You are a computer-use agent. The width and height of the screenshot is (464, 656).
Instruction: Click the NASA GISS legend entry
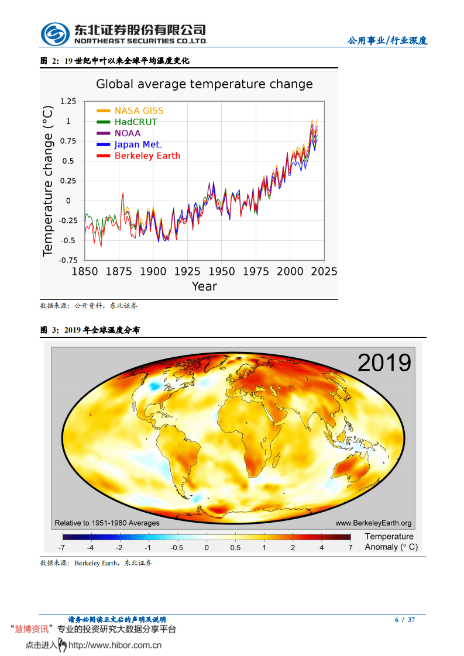[139, 111]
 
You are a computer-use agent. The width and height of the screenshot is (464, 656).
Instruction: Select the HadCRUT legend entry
[135, 122]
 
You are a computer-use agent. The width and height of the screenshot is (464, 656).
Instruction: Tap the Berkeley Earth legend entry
[147, 156]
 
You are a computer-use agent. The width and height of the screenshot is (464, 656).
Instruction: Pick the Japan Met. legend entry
[138, 144]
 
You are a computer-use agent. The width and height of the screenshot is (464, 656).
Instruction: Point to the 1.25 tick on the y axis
[68, 101]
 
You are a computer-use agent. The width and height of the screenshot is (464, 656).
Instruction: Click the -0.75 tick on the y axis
[68, 260]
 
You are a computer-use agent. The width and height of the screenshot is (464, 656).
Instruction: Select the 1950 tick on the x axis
[222, 271]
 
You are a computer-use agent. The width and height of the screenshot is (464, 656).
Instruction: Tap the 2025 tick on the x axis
[324, 271]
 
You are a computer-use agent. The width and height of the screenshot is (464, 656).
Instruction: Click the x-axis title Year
[204, 286]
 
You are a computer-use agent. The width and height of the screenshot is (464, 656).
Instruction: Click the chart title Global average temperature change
[204, 84]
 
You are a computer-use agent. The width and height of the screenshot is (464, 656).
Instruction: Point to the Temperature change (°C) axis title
[48, 181]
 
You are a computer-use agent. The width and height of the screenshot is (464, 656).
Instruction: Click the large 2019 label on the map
[384, 362]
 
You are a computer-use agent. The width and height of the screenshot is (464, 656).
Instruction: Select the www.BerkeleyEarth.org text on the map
[373, 523]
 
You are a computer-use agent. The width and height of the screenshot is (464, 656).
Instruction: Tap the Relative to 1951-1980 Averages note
[107, 523]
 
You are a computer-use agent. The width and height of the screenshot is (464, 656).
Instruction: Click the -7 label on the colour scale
[61, 548]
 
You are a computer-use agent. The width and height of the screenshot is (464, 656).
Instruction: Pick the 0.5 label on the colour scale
[235, 548]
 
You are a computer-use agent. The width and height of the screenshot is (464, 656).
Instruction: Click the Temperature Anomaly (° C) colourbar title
[391, 542]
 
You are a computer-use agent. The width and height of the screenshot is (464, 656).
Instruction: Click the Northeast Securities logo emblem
[54, 34]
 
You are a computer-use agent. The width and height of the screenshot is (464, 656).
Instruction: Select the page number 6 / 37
[405, 620]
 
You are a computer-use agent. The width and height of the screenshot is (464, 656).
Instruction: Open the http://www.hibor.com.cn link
[115, 645]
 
